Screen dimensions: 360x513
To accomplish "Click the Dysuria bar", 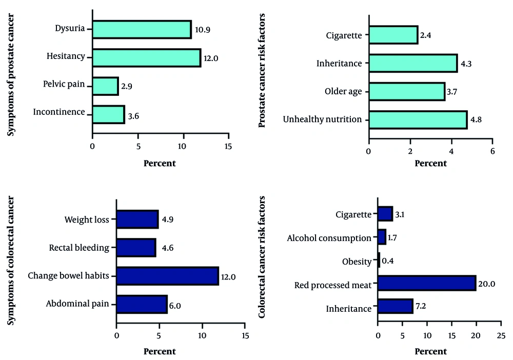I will (142, 30).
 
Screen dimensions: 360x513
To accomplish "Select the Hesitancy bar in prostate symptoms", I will (146, 57).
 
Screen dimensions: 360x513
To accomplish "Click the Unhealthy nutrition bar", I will (418, 119).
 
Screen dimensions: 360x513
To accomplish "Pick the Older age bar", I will (406, 92).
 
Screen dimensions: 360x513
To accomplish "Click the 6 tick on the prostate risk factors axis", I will (492, 152).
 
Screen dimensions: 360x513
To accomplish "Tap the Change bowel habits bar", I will (167, 276).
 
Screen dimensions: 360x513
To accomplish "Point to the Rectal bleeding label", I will (79, 248).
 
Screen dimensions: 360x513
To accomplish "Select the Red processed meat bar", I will (426, 283).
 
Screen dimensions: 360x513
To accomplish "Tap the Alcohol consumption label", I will (329, 238).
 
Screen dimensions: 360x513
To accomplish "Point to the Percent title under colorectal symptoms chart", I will (160, 352).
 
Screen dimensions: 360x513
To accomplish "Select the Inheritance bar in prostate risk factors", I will (412, 64).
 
